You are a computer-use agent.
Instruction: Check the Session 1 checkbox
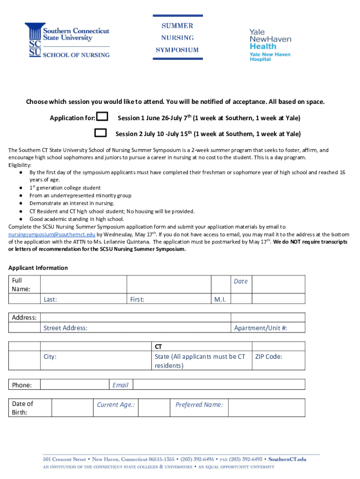102,116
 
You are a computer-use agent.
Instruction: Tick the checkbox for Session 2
101,133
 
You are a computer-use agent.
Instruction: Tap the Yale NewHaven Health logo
270,44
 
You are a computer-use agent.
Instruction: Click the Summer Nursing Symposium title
177,38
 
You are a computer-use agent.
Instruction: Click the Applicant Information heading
38,268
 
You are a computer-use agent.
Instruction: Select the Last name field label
50,299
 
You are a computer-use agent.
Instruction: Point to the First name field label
137,299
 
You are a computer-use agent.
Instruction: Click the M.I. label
220,299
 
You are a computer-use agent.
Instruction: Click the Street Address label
65,328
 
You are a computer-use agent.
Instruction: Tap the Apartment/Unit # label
260,328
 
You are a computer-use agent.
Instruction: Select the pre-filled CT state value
158,347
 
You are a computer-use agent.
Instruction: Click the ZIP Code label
268,356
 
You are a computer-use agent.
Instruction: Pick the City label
50,356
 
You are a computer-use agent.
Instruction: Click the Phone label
22,385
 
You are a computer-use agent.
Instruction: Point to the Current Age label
116,405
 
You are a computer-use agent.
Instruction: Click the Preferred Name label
199,405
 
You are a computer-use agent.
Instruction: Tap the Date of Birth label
22,408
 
